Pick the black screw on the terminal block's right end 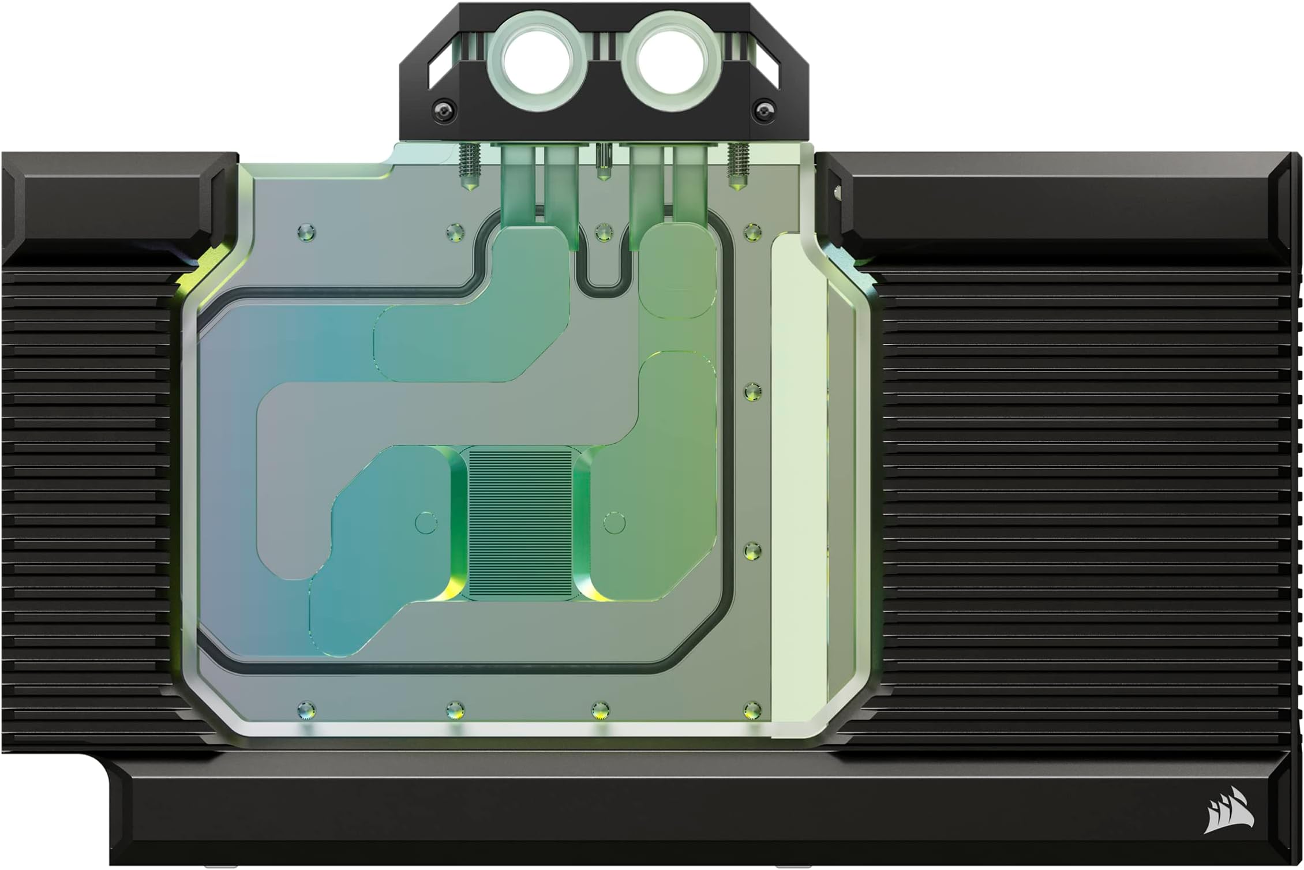click(x=765, y=108)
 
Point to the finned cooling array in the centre click(x=520, y=524)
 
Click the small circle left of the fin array click(x=426, y=522)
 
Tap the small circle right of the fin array click(x=614, y=523)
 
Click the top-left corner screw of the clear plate click(x=306, y=233)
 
